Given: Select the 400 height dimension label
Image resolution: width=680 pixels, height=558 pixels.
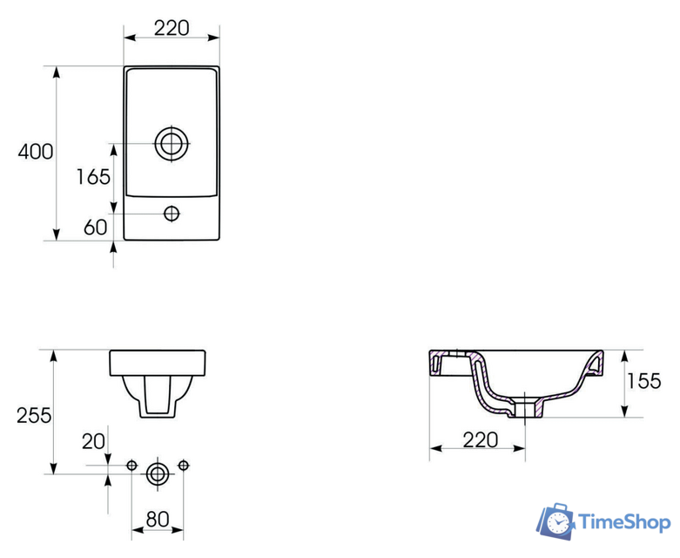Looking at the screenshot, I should [x=36, y=152].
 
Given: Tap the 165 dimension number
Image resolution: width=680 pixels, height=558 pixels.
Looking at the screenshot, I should [x=93, y=177].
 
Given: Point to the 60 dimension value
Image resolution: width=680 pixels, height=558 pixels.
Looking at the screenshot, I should [x=95, y=228].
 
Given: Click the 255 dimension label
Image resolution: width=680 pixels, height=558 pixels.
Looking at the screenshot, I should [x=34, y=415].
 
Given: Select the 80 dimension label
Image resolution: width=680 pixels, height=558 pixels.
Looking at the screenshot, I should [x=157, y=519].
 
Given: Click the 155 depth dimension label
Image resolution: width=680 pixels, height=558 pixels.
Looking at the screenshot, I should [x=645, y=381].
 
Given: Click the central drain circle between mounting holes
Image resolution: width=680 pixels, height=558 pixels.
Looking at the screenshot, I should [x=158, y=473].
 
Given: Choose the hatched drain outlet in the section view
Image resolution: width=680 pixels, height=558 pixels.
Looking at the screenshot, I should [x=526, y=406].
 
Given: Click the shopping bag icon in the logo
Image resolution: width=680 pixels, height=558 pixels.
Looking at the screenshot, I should [x=556, y=521].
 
